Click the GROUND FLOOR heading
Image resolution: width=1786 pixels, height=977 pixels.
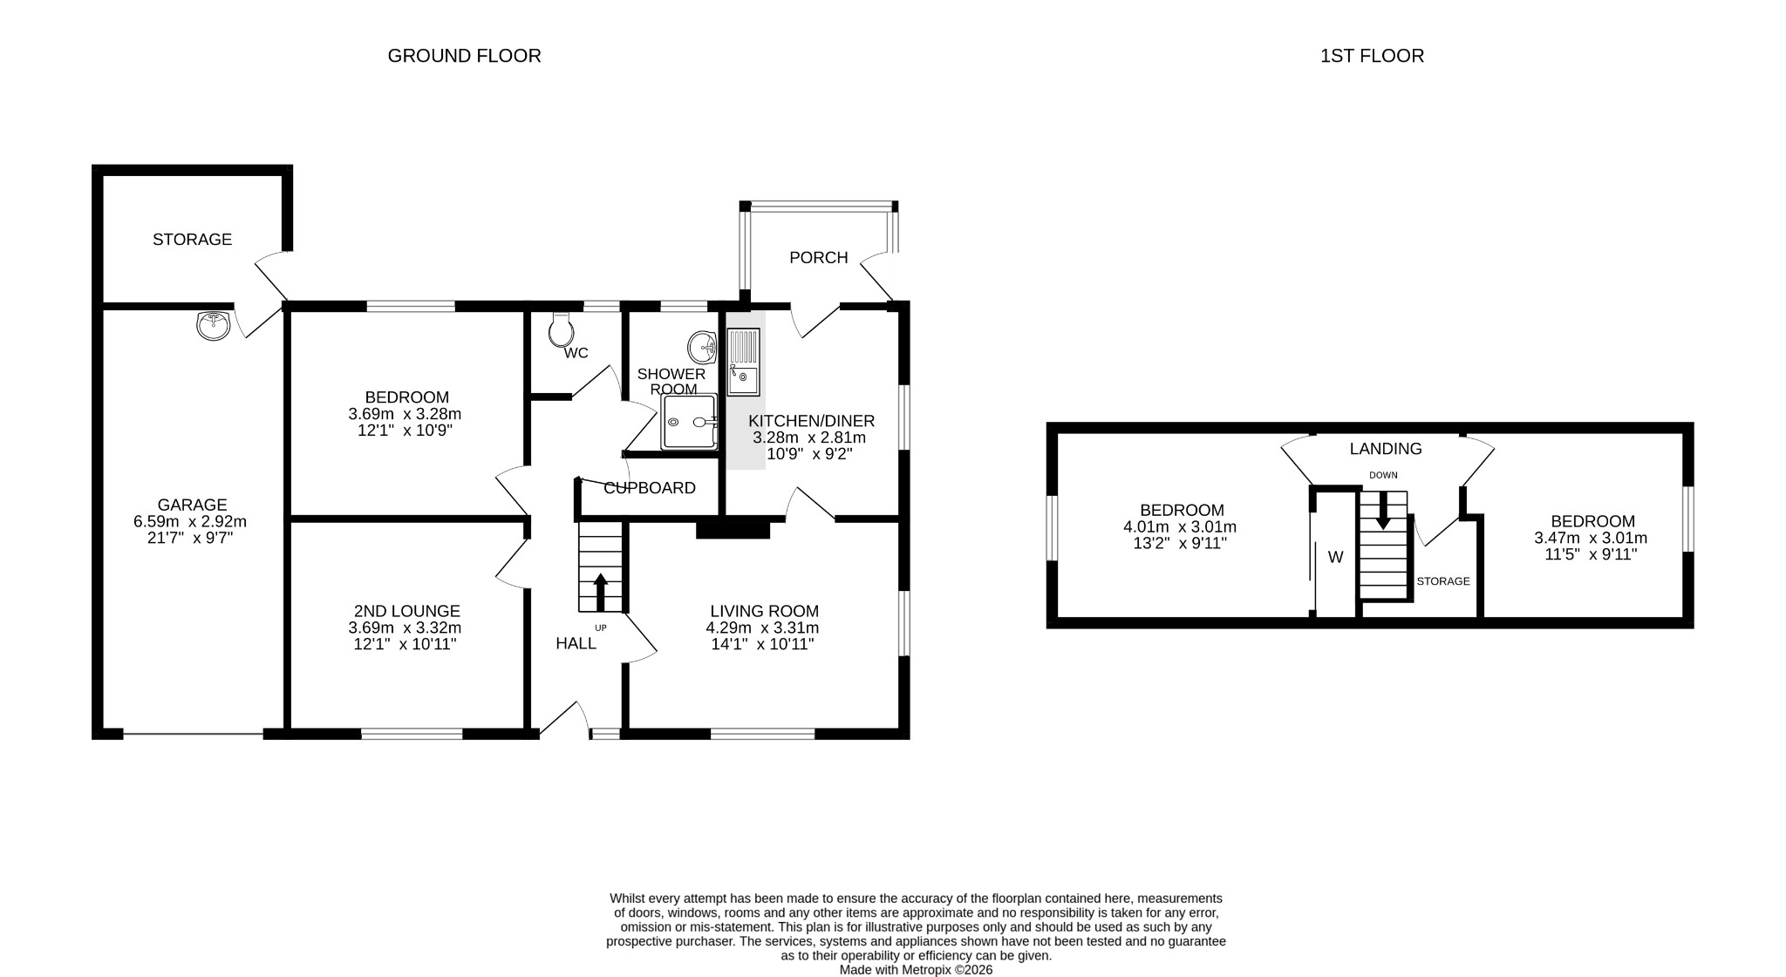(x=464, y=56)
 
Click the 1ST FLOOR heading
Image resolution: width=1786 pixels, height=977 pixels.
(x=1372, y=56)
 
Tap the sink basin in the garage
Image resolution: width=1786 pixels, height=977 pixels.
(x=214, y=326)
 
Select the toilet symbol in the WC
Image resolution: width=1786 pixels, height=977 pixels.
(x=561, y=329)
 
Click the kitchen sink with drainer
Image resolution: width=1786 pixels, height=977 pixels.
(x=744, y=363)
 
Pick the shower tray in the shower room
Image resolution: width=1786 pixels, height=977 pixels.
(x=689, y=422)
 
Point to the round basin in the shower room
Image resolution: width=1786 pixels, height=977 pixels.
(x=702, y=348)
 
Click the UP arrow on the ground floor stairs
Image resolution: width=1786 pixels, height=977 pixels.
(x=601, y=592)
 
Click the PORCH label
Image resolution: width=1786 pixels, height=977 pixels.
(x=818, y=258)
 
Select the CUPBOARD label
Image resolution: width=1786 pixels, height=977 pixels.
(x=650, y=488)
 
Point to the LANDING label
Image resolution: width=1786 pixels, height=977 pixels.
(x=1386, y=449)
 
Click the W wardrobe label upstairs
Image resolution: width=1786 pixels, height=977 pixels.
(x=1335, y=558)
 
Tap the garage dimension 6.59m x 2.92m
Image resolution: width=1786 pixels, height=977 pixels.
(x=190, y=522)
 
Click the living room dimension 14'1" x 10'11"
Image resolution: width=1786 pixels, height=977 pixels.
(x=762, y=645)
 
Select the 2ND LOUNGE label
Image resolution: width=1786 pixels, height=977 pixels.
(x=406, y=612)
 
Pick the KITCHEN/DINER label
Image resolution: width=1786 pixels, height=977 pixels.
(x=811, y=421)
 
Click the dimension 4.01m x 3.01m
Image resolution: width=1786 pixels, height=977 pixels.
(x=1180, y=527)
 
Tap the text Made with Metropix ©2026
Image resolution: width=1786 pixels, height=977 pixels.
(x=916, y=969)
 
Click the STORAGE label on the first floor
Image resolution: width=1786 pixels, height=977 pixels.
(x=1443, y=581)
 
